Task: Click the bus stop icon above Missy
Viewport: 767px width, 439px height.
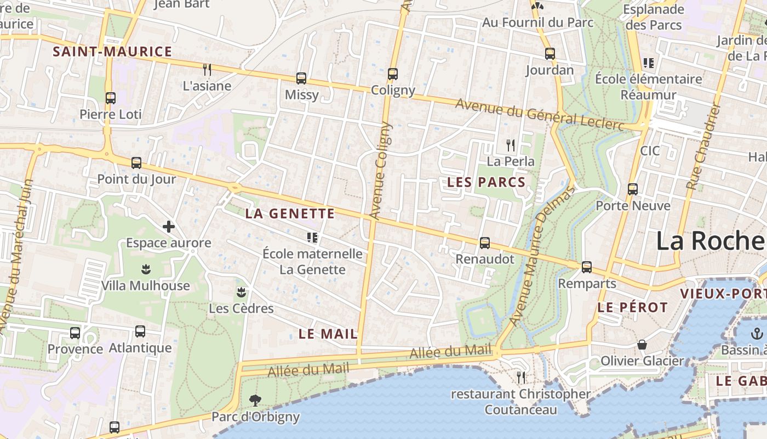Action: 301,78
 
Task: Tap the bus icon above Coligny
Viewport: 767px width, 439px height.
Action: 392,74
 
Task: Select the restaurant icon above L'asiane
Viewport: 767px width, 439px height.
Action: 207,69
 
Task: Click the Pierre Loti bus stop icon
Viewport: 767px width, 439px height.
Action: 111,98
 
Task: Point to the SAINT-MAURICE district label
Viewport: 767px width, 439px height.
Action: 112,52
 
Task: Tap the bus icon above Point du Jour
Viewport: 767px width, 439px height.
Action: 136,163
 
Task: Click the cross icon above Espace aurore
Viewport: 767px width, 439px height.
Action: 169,226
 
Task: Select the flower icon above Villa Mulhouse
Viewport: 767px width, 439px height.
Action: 146,269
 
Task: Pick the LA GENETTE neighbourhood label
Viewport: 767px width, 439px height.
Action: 290,214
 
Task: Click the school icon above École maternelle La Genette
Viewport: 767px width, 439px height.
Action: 312,238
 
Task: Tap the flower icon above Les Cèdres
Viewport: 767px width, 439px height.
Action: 241,291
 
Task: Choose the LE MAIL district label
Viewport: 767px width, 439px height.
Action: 328,334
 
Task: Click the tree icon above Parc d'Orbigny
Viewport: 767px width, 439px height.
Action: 255,400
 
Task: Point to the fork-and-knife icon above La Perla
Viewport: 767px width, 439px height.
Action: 511,145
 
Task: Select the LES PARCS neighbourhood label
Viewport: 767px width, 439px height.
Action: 486,182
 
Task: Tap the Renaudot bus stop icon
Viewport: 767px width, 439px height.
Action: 485,243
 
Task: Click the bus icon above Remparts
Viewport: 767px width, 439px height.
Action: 587,267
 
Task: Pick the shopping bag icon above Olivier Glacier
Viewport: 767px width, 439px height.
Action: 642,345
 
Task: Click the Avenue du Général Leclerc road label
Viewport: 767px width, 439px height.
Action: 540,115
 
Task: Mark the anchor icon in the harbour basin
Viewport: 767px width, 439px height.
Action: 757,333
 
